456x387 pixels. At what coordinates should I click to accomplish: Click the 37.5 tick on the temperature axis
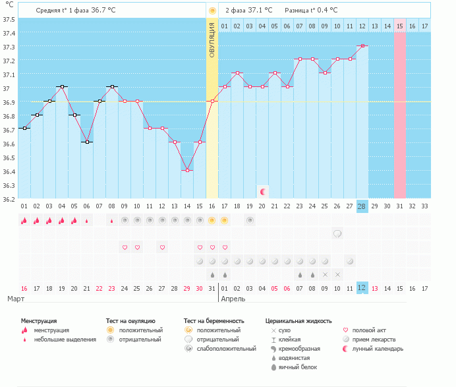(9, 19)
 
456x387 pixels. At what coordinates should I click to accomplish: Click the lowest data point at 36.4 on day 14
(187, 170)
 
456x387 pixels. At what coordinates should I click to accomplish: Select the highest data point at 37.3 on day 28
(362, 45)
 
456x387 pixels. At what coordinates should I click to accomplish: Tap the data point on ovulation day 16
(212, 101)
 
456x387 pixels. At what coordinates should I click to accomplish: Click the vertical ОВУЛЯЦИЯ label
(212, 40)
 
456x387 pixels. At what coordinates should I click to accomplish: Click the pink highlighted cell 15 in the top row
(399, 26)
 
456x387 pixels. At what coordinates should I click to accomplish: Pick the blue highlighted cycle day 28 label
(362, 206)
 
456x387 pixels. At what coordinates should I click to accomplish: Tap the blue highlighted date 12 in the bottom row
(362, 287)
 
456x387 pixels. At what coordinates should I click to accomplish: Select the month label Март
(16, 299)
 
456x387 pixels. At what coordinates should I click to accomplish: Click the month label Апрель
(234, 299)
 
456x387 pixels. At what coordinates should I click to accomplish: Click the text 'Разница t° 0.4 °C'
(311, 11)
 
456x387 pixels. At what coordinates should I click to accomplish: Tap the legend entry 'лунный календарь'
(377, 348)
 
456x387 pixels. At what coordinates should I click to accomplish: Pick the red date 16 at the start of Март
(24, 287)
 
